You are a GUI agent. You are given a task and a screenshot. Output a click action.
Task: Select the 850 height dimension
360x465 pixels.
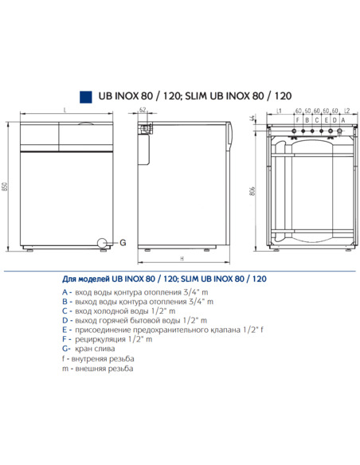click(x=6, y=188)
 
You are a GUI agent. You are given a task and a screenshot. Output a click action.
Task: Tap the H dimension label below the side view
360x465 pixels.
click(x=182, y=260)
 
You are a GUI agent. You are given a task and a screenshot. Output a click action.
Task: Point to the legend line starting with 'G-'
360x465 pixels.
click(x=88, y=349)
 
